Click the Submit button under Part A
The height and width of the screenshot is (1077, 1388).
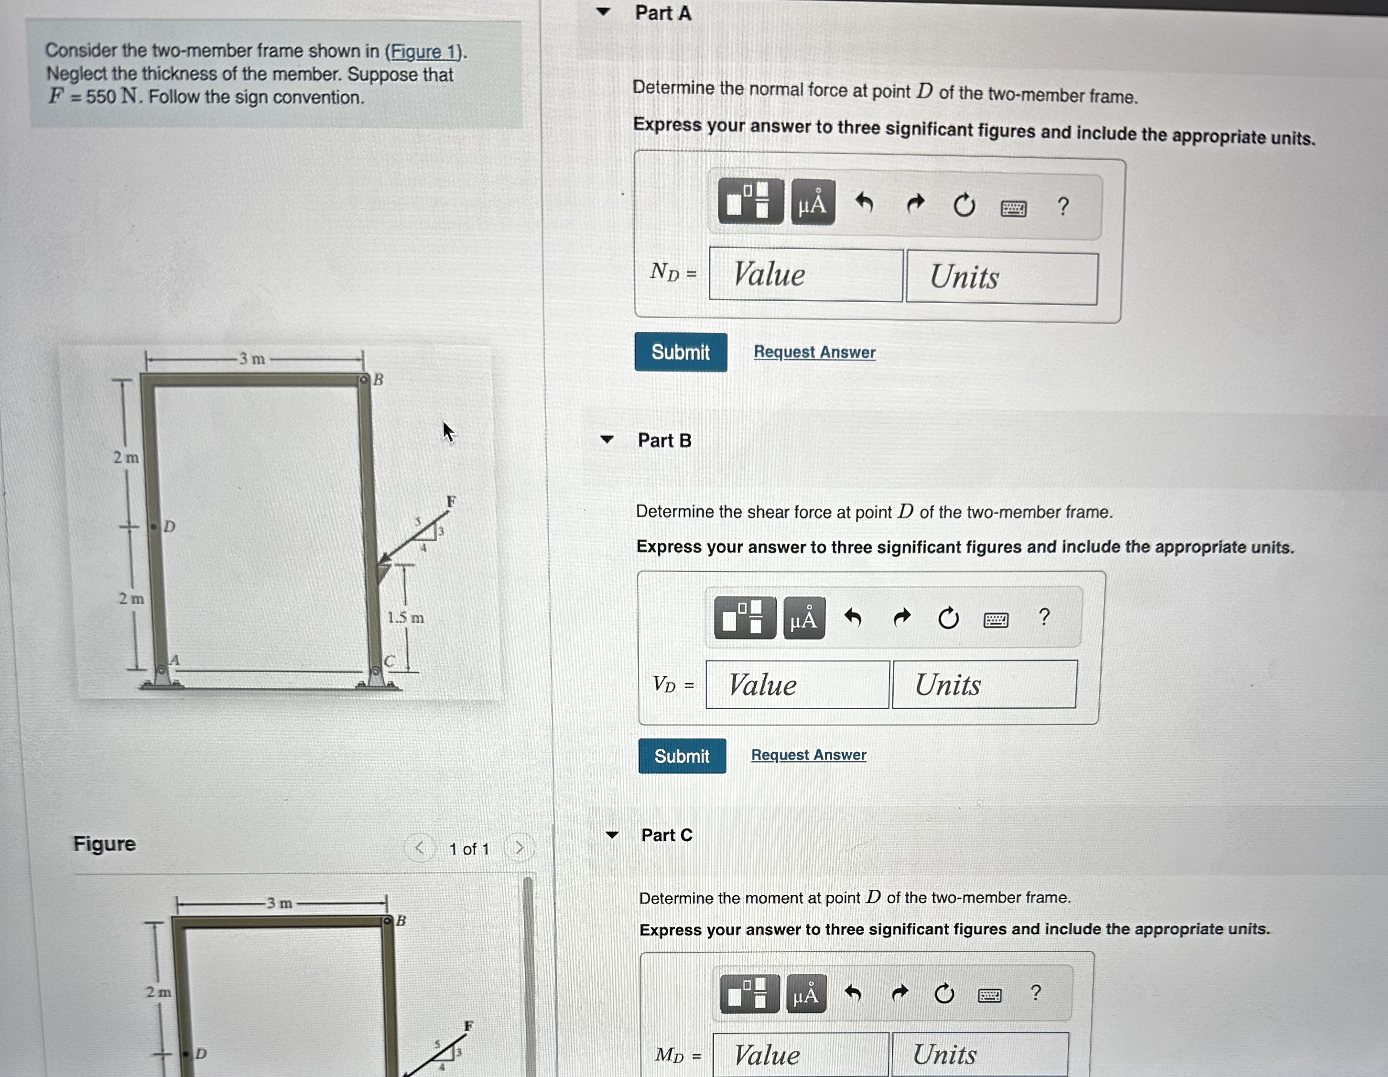point(680,352)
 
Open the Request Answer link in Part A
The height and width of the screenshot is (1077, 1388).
point(814,352)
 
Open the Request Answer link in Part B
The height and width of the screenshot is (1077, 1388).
point(808,755)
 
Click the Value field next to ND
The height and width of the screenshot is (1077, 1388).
point(805,275)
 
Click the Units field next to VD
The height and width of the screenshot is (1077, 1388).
point(984,685)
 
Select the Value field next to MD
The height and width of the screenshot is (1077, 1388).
point(800,1054)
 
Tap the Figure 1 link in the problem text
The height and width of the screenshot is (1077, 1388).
point(424,52)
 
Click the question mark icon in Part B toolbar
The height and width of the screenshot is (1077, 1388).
point(1043,617)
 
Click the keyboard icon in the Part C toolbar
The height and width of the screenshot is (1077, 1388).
point(989,995)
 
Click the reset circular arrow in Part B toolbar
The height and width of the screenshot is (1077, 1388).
point(948,618)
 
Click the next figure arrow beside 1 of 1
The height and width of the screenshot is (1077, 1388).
point(519,847)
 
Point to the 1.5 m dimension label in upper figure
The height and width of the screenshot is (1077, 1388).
point(405,617)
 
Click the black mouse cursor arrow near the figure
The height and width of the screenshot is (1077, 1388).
point(448,432)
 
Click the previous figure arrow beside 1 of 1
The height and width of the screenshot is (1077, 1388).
point(420,847)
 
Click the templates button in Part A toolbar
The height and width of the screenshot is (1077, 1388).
point(750,201)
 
